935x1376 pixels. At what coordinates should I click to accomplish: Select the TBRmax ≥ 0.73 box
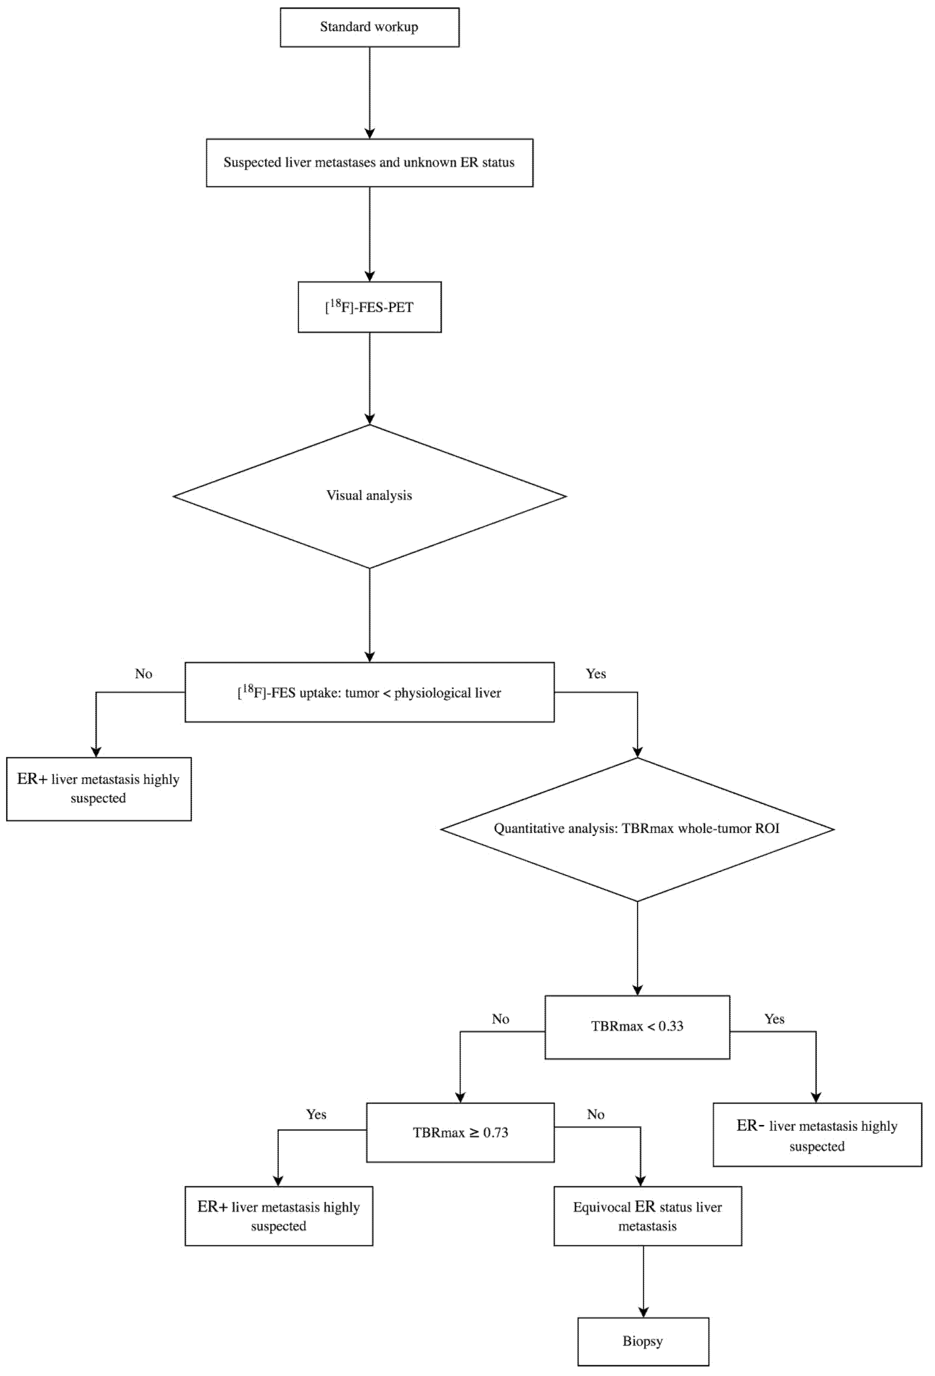460,1133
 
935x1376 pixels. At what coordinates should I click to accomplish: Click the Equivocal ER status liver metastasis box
647,1216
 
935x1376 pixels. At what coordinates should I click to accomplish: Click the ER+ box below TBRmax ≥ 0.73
278,1216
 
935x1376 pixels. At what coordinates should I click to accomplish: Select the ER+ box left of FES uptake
98,789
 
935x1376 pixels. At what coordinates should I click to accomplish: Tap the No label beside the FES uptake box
143,674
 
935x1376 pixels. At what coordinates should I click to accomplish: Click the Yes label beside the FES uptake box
596,674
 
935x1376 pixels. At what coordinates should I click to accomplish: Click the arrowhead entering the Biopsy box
643,1311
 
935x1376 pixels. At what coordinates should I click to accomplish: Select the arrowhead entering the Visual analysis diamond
370,419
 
